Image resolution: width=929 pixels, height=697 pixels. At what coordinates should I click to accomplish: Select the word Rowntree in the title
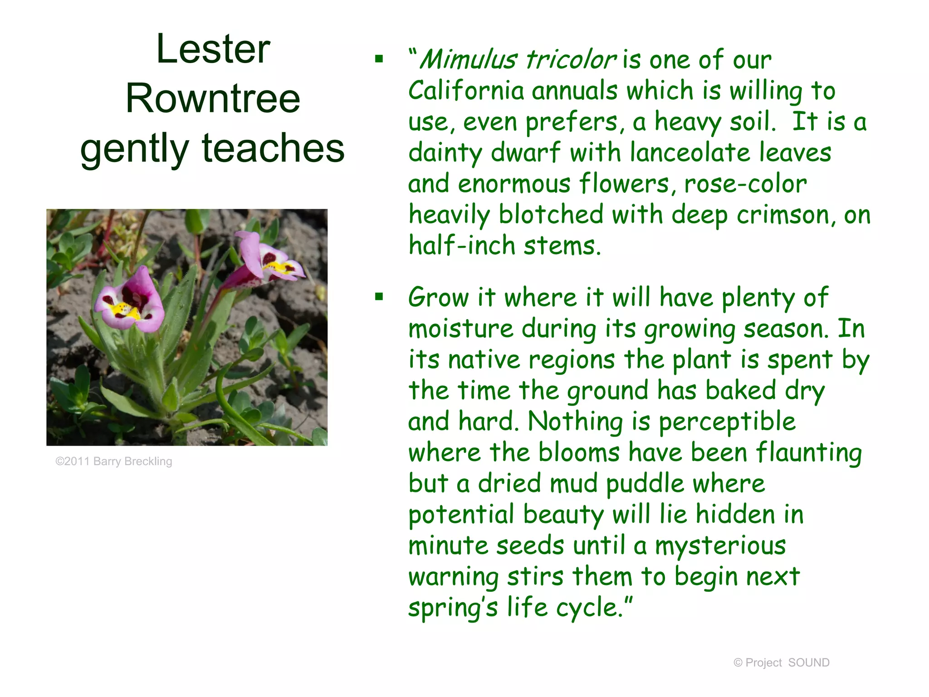(213, 98)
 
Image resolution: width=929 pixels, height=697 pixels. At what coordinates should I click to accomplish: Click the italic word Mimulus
(468, 60)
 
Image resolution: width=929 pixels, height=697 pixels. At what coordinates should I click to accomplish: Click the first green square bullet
(379, 59)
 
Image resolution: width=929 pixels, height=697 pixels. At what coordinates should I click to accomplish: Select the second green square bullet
(379, 297)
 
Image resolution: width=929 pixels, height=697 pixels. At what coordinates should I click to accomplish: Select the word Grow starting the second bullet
(438, 298)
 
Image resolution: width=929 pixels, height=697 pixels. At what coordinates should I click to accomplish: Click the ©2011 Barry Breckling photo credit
(114, 461)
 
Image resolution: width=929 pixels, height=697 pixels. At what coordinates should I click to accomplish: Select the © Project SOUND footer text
(781, 663)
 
